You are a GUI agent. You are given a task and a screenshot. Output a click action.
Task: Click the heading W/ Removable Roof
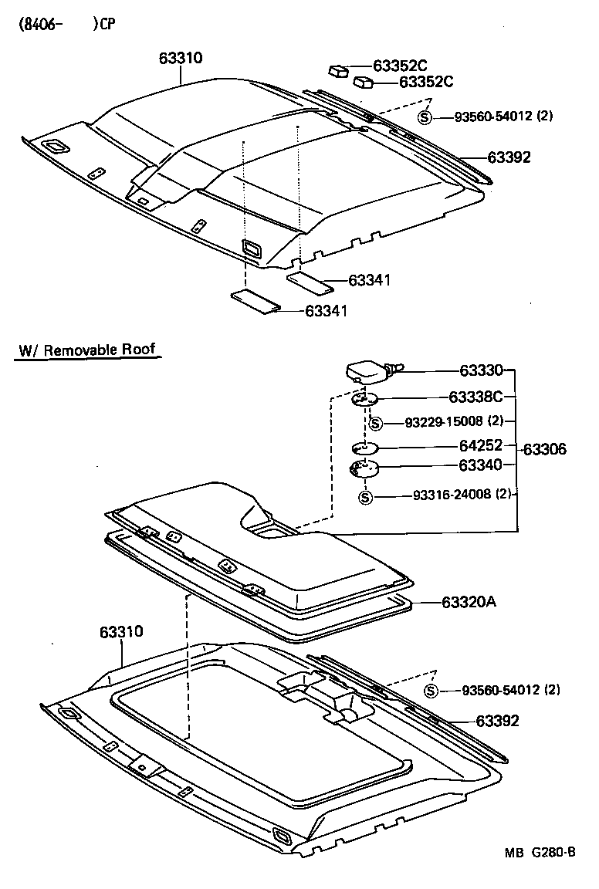88,350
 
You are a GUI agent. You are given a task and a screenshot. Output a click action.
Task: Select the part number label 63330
481,371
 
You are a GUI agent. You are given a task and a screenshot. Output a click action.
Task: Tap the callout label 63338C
475,397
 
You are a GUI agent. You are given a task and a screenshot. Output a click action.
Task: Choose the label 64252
481,445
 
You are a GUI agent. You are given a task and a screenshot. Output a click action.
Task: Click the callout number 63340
481,465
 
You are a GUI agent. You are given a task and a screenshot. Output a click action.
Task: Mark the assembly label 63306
545,448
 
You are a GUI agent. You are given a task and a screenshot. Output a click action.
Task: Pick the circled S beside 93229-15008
375,423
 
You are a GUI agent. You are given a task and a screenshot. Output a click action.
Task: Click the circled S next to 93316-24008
366,496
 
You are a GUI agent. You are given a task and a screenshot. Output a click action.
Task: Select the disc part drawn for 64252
364,447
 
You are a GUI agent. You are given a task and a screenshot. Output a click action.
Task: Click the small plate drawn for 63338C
365,400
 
